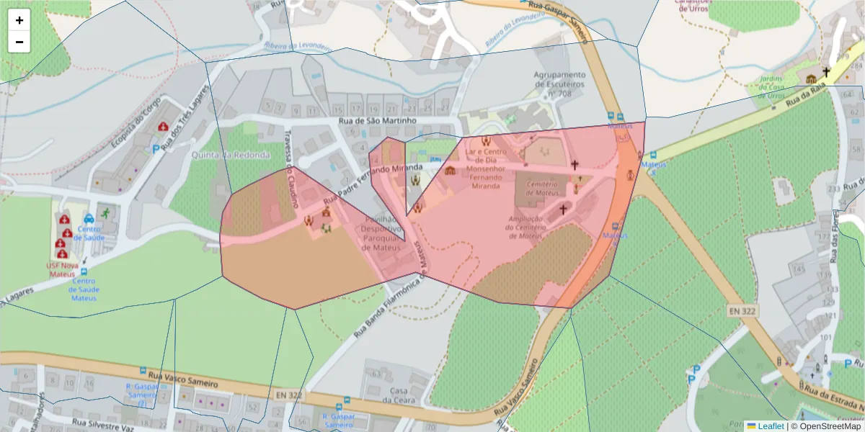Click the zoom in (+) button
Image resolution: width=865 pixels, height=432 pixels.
coord(19,20)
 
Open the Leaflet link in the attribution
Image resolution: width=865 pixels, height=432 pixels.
coord(770,426)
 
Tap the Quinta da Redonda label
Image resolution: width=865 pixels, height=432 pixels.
coord(231,155)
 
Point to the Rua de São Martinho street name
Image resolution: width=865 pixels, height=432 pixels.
coord(377,120)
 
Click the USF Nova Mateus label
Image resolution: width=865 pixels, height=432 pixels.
coord(62,269)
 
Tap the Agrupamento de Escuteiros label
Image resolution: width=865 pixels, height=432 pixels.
coord(559,84)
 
